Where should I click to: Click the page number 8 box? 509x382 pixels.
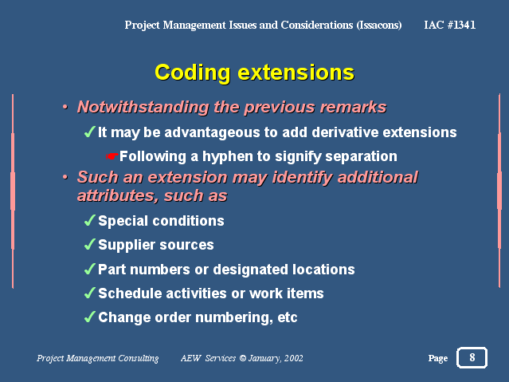pos(472,357)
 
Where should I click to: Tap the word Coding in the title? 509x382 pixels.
pos(193,73)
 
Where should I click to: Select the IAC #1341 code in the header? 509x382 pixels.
pos(450,25)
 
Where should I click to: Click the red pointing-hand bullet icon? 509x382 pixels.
pos(112,156)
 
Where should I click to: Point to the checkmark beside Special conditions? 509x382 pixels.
pos(89,220)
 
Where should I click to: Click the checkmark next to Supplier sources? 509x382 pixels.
pos(89,245)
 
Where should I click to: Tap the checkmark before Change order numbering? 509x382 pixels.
pos(89,317)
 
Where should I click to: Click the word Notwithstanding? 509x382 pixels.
pos(143,107)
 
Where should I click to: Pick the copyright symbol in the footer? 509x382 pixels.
pos(242,358)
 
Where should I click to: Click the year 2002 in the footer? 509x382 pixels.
pos(294,358)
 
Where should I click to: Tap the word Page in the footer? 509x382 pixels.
pos(438,358)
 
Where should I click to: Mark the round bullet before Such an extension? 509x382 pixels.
pos(65,177)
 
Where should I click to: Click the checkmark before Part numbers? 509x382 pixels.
pos(89,270)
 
